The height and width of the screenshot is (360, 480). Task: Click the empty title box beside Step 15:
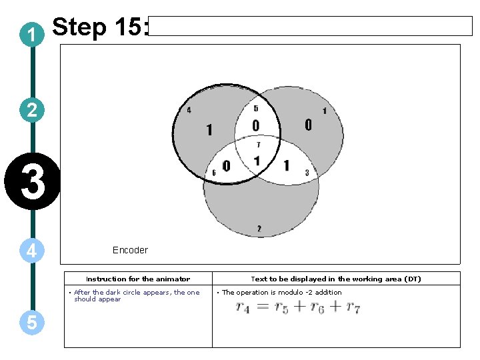[310, 26]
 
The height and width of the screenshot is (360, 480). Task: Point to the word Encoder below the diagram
[130, 250]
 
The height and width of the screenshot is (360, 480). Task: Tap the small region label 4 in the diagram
[189, 110]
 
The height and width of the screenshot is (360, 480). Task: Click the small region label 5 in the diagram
[257, 108]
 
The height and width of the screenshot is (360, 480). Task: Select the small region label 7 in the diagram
[258, 144]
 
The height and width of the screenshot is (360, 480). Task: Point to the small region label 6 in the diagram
[213, 173]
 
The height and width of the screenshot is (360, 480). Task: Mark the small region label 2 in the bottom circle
[259, 229]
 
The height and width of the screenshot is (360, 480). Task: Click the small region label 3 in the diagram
[307, 173]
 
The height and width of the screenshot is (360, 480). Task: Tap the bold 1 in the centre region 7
[257, 161]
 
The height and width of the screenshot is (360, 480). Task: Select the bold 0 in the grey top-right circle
[307, 125]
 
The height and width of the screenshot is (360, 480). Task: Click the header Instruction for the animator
[138, 279]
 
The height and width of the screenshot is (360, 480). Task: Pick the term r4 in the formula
[243, 307]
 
